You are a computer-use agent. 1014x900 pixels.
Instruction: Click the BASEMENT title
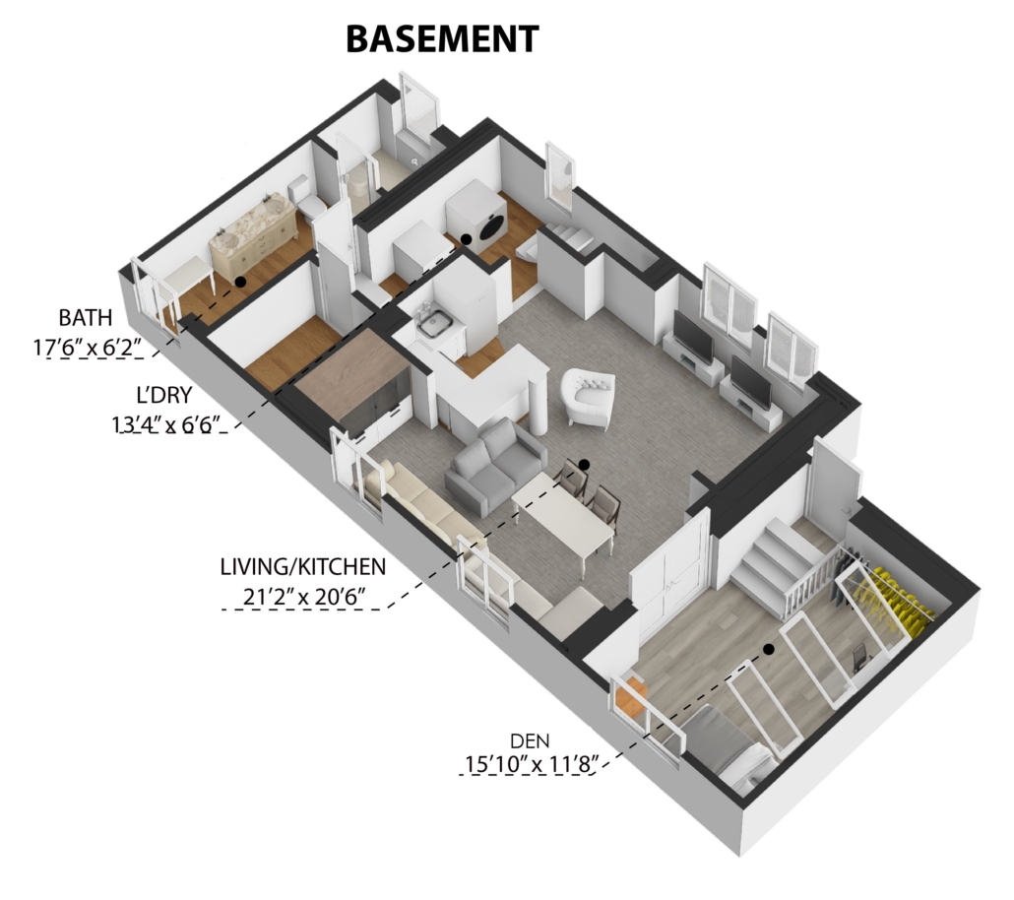tap(442, 38)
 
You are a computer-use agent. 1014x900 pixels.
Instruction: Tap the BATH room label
tap(86, 318)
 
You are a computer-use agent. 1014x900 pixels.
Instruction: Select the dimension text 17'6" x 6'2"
tap(88, 348)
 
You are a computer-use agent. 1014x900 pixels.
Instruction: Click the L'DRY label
tap(163, 395)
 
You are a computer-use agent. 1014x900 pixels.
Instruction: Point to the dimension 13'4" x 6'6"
tap(166, 424)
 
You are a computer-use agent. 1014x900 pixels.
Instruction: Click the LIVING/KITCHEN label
tap(302, 567)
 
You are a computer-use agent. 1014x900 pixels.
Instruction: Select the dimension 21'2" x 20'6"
tap(303, 596)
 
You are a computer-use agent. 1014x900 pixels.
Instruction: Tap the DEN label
tap(530, 740)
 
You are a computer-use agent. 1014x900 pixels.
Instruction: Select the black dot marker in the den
tap(768, 650)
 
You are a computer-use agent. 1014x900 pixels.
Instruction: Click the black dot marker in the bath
tap(240, 282)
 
